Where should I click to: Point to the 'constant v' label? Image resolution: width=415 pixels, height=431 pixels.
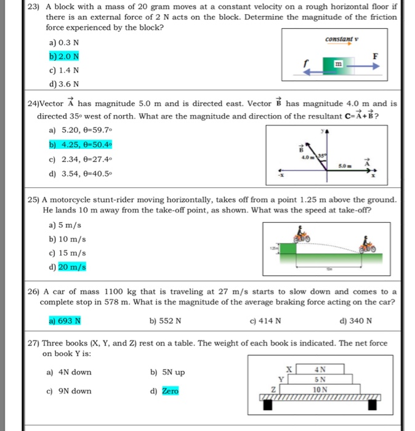click(x=340, y=40)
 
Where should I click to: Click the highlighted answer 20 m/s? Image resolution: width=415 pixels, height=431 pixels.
click(x=72, y=267)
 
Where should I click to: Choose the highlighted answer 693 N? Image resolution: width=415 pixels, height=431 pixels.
click(x=65, y=320)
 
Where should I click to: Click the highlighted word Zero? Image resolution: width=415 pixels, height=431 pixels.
click(x=170, y=391)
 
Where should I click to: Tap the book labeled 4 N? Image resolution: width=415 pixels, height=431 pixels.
click(x=320, y=369)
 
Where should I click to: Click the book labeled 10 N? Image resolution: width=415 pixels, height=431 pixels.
click(x=319, y=389)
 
